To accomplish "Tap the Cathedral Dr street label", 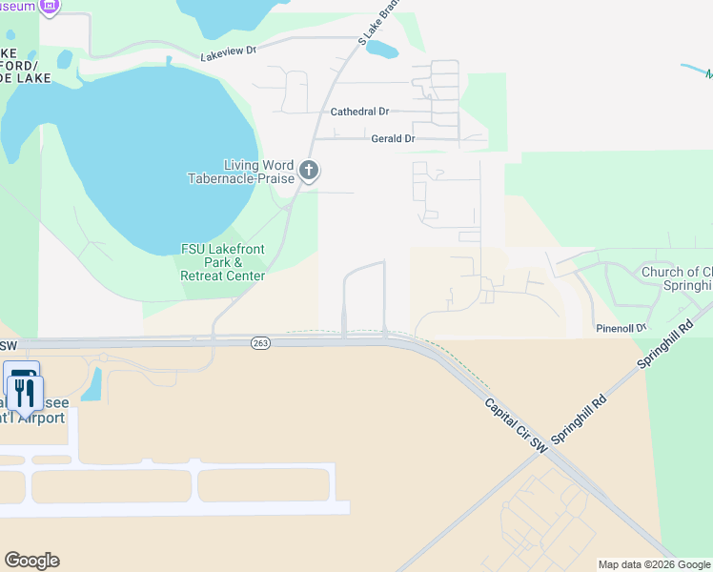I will [360, 112].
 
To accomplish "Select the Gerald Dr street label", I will [393, 139].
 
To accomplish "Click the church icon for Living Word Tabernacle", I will [308, 172].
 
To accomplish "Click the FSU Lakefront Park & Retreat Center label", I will [223, 262].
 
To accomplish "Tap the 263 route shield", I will [259, 341].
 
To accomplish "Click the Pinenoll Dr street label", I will [621, 328].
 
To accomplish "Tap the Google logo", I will [31, 561].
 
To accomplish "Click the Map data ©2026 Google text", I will [653, 564].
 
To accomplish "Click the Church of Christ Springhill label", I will [677, 278].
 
